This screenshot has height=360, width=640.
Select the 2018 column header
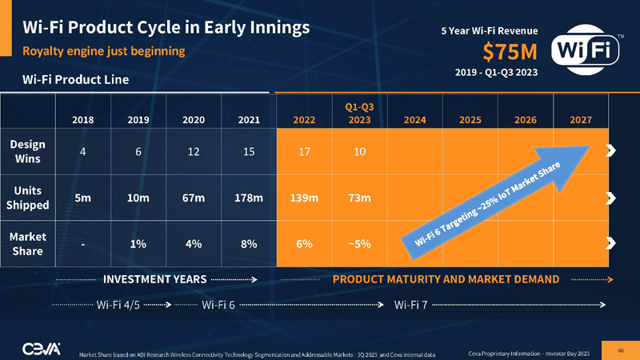(82, 120)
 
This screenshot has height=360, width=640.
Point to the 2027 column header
(580, 120)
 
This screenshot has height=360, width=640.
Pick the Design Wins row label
(28, 150)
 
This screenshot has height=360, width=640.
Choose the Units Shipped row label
(28, 198)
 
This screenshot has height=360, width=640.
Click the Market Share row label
(28, 244)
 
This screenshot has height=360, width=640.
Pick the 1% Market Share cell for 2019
(138, 244)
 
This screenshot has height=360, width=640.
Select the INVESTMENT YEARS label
(155, 279)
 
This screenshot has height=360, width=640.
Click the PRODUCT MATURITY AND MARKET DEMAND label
(446, 279)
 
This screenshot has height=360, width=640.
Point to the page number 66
(620, 349)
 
